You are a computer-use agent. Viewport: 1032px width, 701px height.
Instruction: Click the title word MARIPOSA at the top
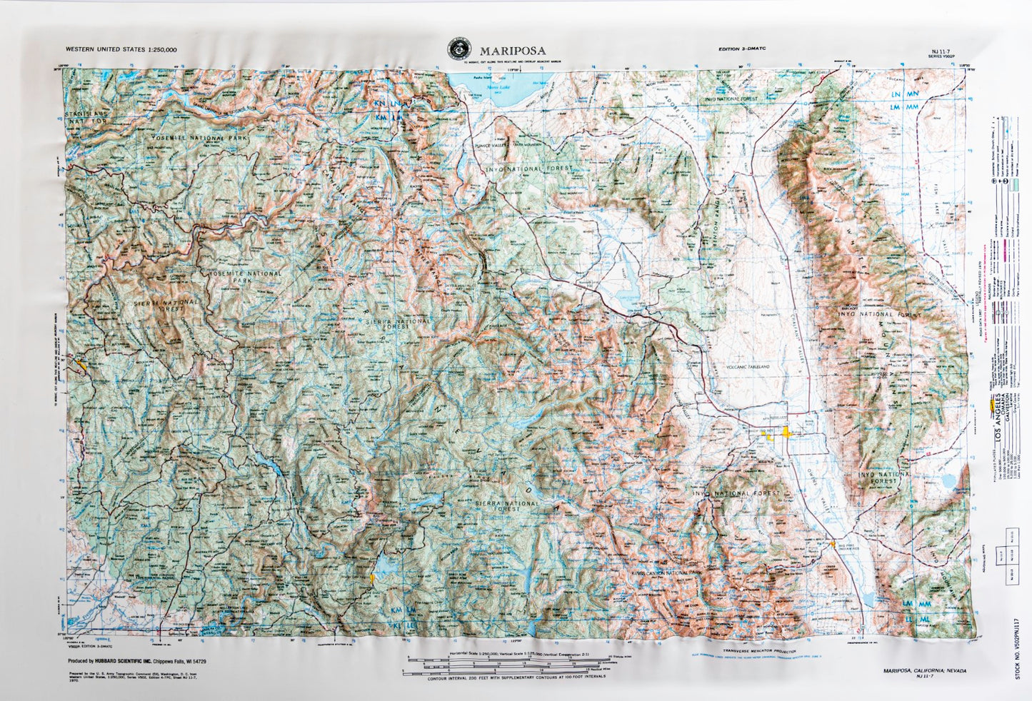[x=513, y=51]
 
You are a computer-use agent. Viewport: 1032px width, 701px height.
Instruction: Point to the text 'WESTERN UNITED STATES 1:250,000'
[x=121, y=49]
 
